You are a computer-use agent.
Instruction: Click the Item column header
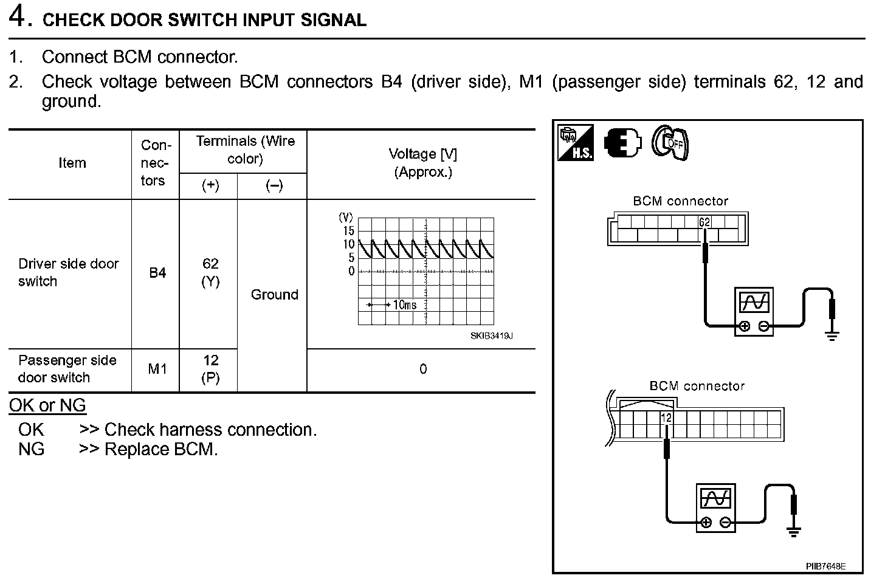point(72,163)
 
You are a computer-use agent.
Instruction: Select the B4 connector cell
point(157,273)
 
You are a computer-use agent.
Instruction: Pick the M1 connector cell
point(157,369)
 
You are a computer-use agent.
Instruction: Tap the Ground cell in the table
point(274,295)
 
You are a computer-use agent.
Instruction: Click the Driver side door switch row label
point(68,272)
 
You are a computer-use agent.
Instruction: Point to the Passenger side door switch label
point(67,369)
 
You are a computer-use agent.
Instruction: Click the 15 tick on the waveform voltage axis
point(348,230)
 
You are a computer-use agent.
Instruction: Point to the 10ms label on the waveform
point(404,304)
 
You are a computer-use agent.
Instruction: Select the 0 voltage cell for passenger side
point(423,369)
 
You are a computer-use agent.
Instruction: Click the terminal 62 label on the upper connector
point(704,222)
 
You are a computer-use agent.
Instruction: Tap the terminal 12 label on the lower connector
point(666,418)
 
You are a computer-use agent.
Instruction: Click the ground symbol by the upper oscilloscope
point(832,334)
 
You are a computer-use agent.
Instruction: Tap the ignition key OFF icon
point(670,143)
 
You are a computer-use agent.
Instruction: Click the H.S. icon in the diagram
point(575,143)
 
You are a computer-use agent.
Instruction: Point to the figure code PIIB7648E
point(825,566)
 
